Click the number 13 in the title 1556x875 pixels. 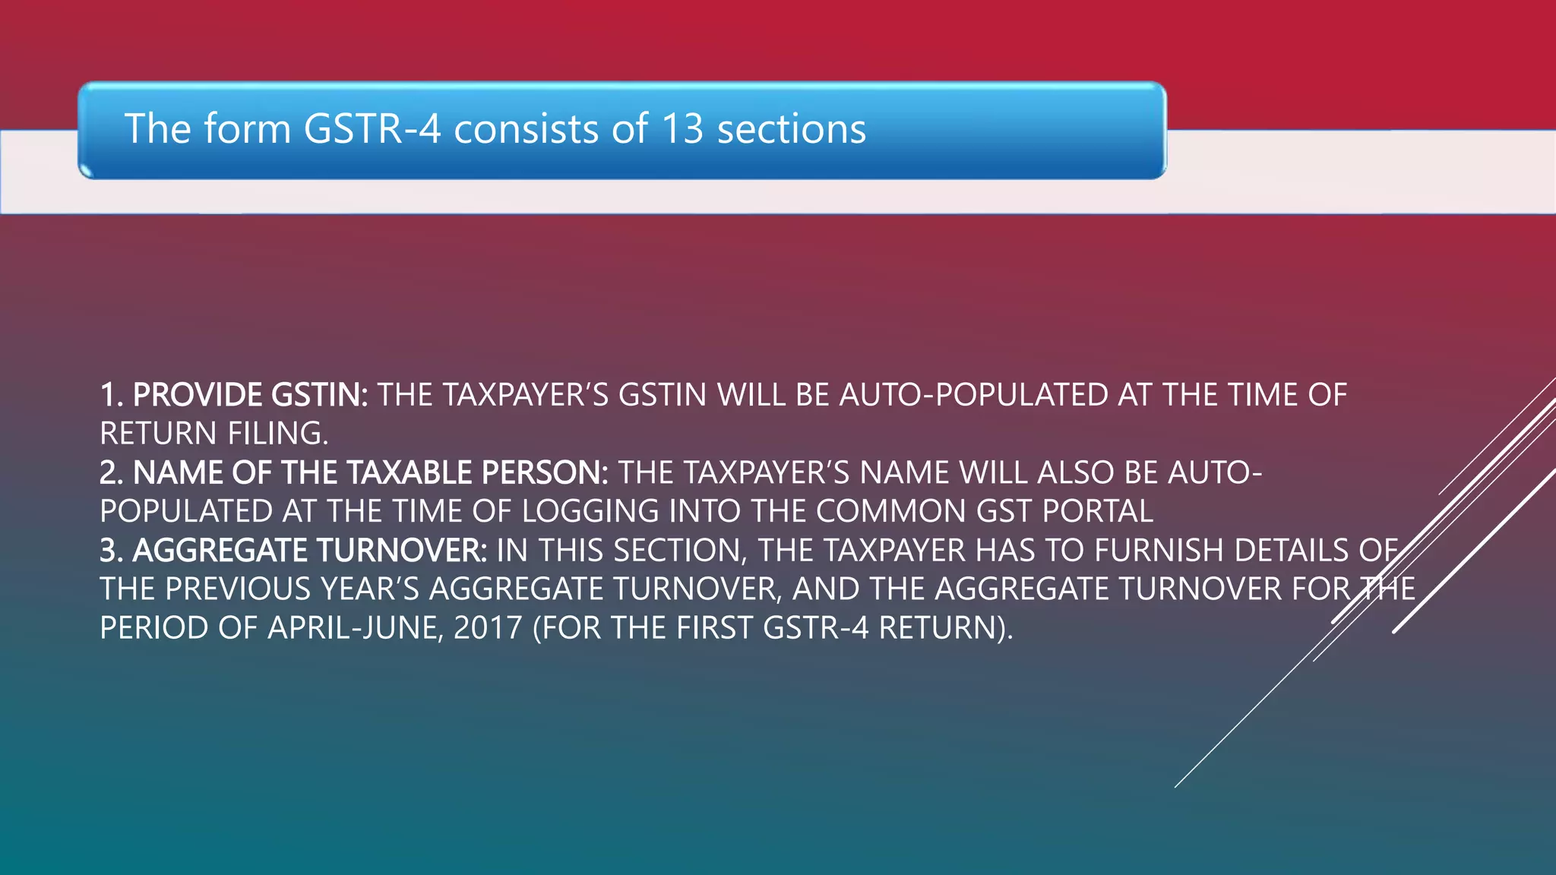[x=682, y=128]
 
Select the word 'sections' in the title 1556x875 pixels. [x=791, y=128]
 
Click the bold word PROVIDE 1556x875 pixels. [x=198, y=395]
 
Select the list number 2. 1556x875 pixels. [x=110, y=473]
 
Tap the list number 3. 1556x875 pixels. [x=110, y=551]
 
